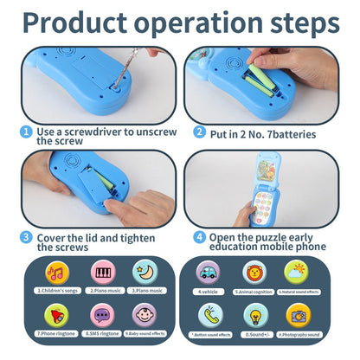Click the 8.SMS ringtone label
(x=103, y=333)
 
